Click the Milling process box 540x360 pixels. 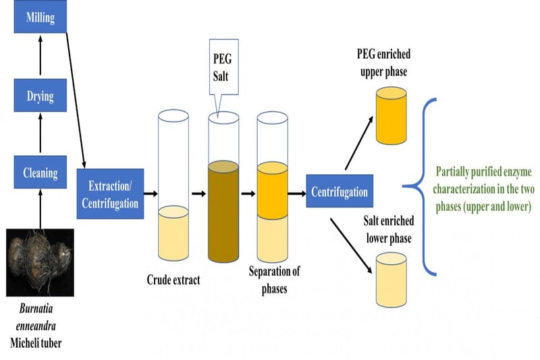40,17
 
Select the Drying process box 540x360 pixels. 40,95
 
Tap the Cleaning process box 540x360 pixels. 40,173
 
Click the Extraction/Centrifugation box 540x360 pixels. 110,193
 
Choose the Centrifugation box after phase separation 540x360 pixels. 339,192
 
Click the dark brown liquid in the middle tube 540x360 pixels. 223,209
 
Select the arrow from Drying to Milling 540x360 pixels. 40,55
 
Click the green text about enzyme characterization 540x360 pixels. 483,190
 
